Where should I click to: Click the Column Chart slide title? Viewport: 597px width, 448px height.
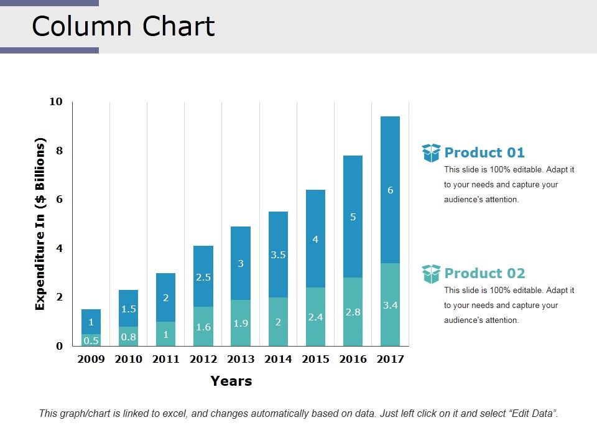point(123,27)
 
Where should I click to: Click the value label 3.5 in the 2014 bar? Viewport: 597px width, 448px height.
point(278,254)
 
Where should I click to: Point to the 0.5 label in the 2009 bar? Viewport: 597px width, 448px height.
point(91,340)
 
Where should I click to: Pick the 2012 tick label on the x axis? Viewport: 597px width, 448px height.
point(203,359)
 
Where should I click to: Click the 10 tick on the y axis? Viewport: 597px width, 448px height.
point(56,101)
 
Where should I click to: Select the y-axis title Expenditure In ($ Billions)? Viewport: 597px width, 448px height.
point(40,224)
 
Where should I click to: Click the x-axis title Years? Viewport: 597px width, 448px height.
point(231,381)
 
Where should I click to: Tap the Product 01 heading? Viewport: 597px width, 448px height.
point(484,152)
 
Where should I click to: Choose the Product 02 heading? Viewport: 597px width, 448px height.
point(484,273)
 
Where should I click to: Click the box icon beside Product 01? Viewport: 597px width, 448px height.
point(431,153)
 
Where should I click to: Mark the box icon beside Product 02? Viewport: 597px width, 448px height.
point(431,274)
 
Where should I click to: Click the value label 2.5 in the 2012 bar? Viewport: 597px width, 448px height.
point(203,278)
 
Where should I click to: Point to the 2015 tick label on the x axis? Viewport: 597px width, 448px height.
point(315,359)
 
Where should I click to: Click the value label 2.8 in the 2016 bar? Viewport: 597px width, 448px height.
point(353,312)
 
